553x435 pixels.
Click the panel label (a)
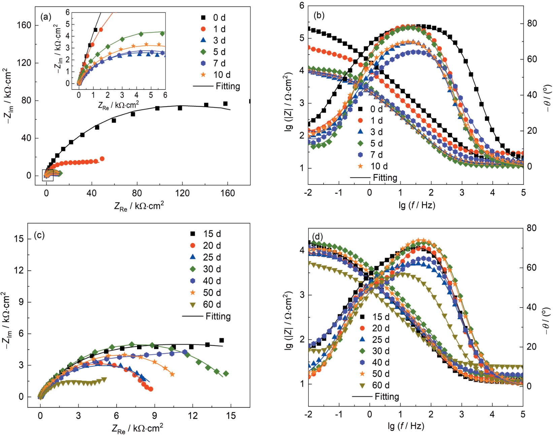coord(46,17)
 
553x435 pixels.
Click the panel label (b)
coord(319,15)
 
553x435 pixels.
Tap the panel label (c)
coord(39,235)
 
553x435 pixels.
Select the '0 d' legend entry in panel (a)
coord(219,18)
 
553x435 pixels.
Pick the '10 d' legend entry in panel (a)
coord(222,75)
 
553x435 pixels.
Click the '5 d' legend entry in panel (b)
coord(376,143)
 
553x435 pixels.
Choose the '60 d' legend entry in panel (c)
coord(212,304)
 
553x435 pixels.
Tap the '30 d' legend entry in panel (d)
coord(381,351)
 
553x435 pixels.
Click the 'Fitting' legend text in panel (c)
coord(218,316)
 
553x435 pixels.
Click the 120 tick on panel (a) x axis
coord(182,193)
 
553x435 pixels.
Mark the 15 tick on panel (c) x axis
coord(231,416)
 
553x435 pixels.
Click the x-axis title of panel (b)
coord(417,205)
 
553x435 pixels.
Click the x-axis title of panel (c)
coord(137,428)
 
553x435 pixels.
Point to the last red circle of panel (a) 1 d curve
coord(102,159)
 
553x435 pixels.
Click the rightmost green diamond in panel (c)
coord(226,374)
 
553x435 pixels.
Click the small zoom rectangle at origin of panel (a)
coord(48,175)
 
